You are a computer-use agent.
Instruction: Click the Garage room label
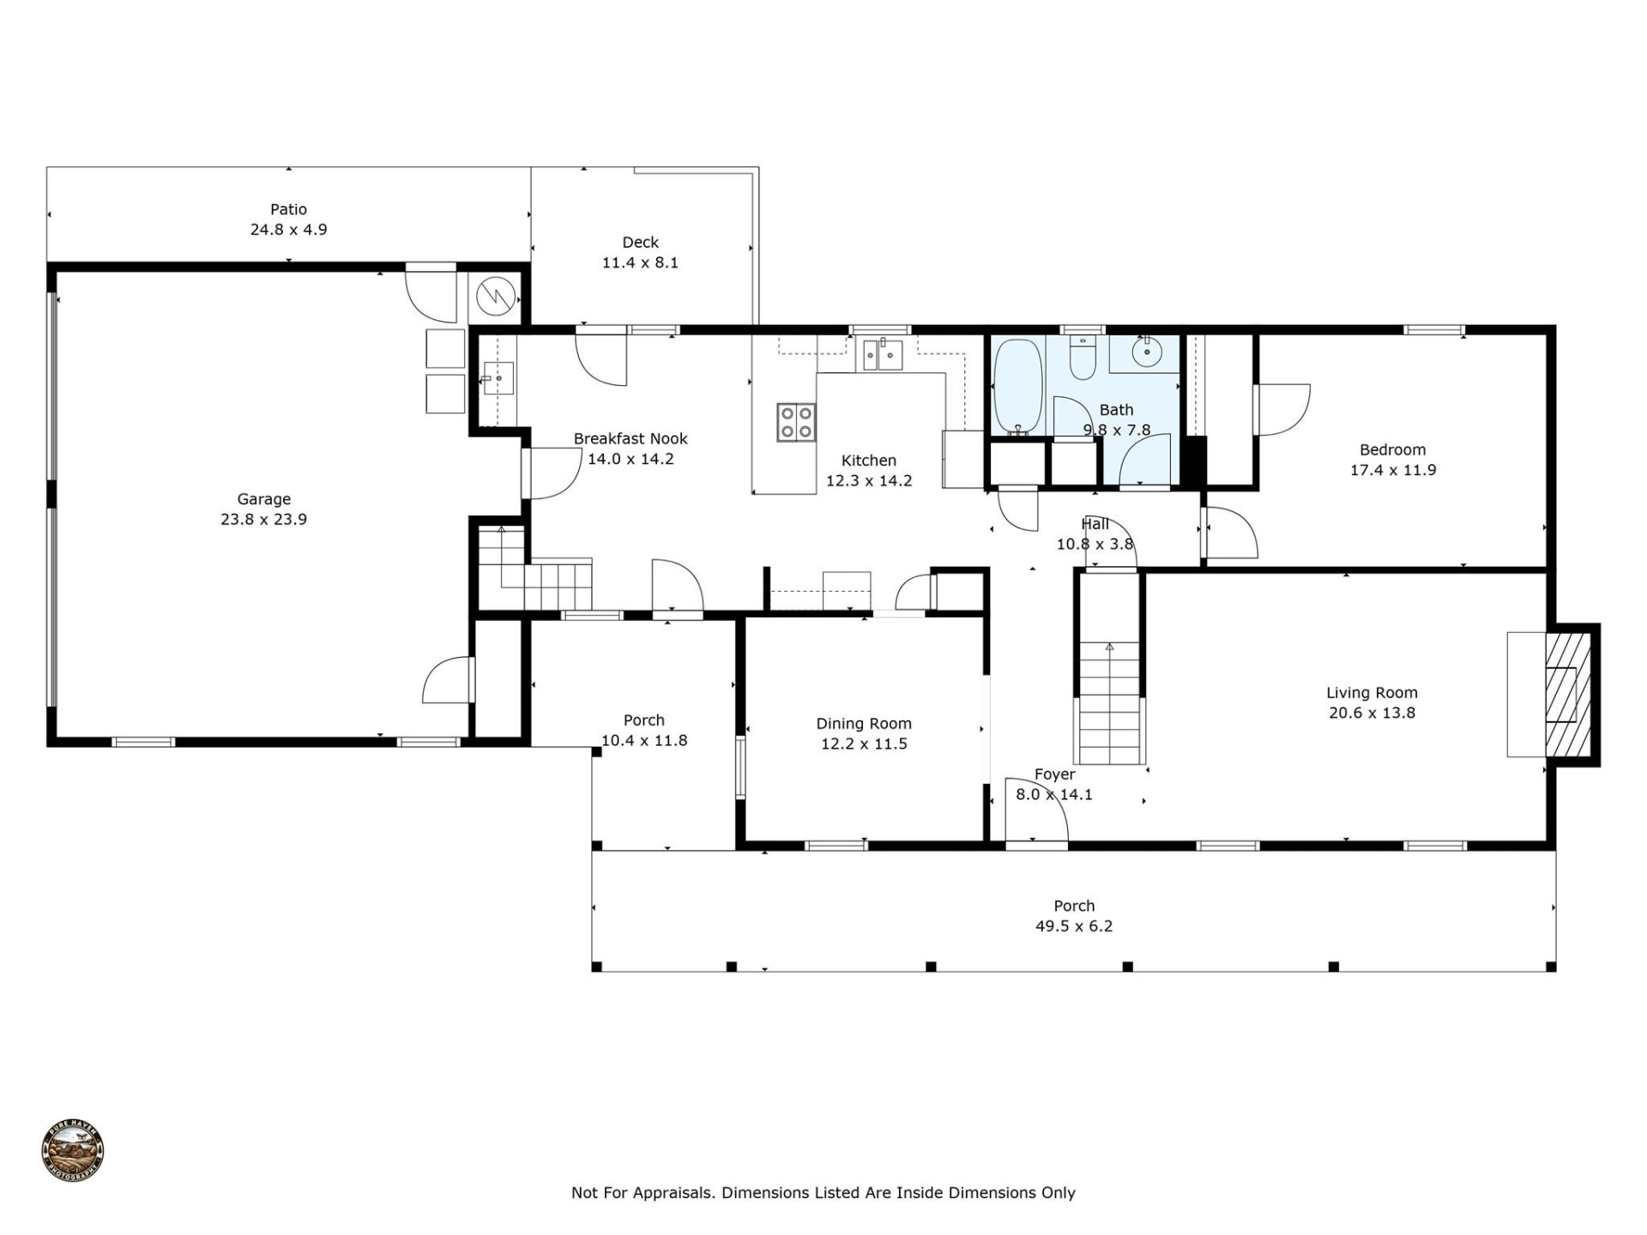point(263,498)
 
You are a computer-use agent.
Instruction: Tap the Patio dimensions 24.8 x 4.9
point(288,230)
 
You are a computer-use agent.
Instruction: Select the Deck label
point(640,243)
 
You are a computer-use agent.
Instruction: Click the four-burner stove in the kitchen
point(795,422)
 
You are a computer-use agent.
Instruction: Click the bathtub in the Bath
point(1017,387)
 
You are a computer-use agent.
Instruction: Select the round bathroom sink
point(1147,352)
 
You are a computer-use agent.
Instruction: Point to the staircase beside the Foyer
point(1110,703)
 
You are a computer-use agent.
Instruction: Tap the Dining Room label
point(863,724)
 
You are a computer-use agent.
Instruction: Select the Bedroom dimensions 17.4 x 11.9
point(1392,470)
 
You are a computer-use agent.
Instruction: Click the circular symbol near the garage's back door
point(495,297)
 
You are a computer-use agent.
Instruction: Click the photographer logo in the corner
point(73,1152)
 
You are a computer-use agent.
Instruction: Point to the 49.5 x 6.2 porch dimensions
point(1073,926)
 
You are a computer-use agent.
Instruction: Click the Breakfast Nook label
point(630,439)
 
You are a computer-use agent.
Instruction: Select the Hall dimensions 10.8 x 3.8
point(1095,544)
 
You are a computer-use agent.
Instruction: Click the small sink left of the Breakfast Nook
point(498,378)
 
